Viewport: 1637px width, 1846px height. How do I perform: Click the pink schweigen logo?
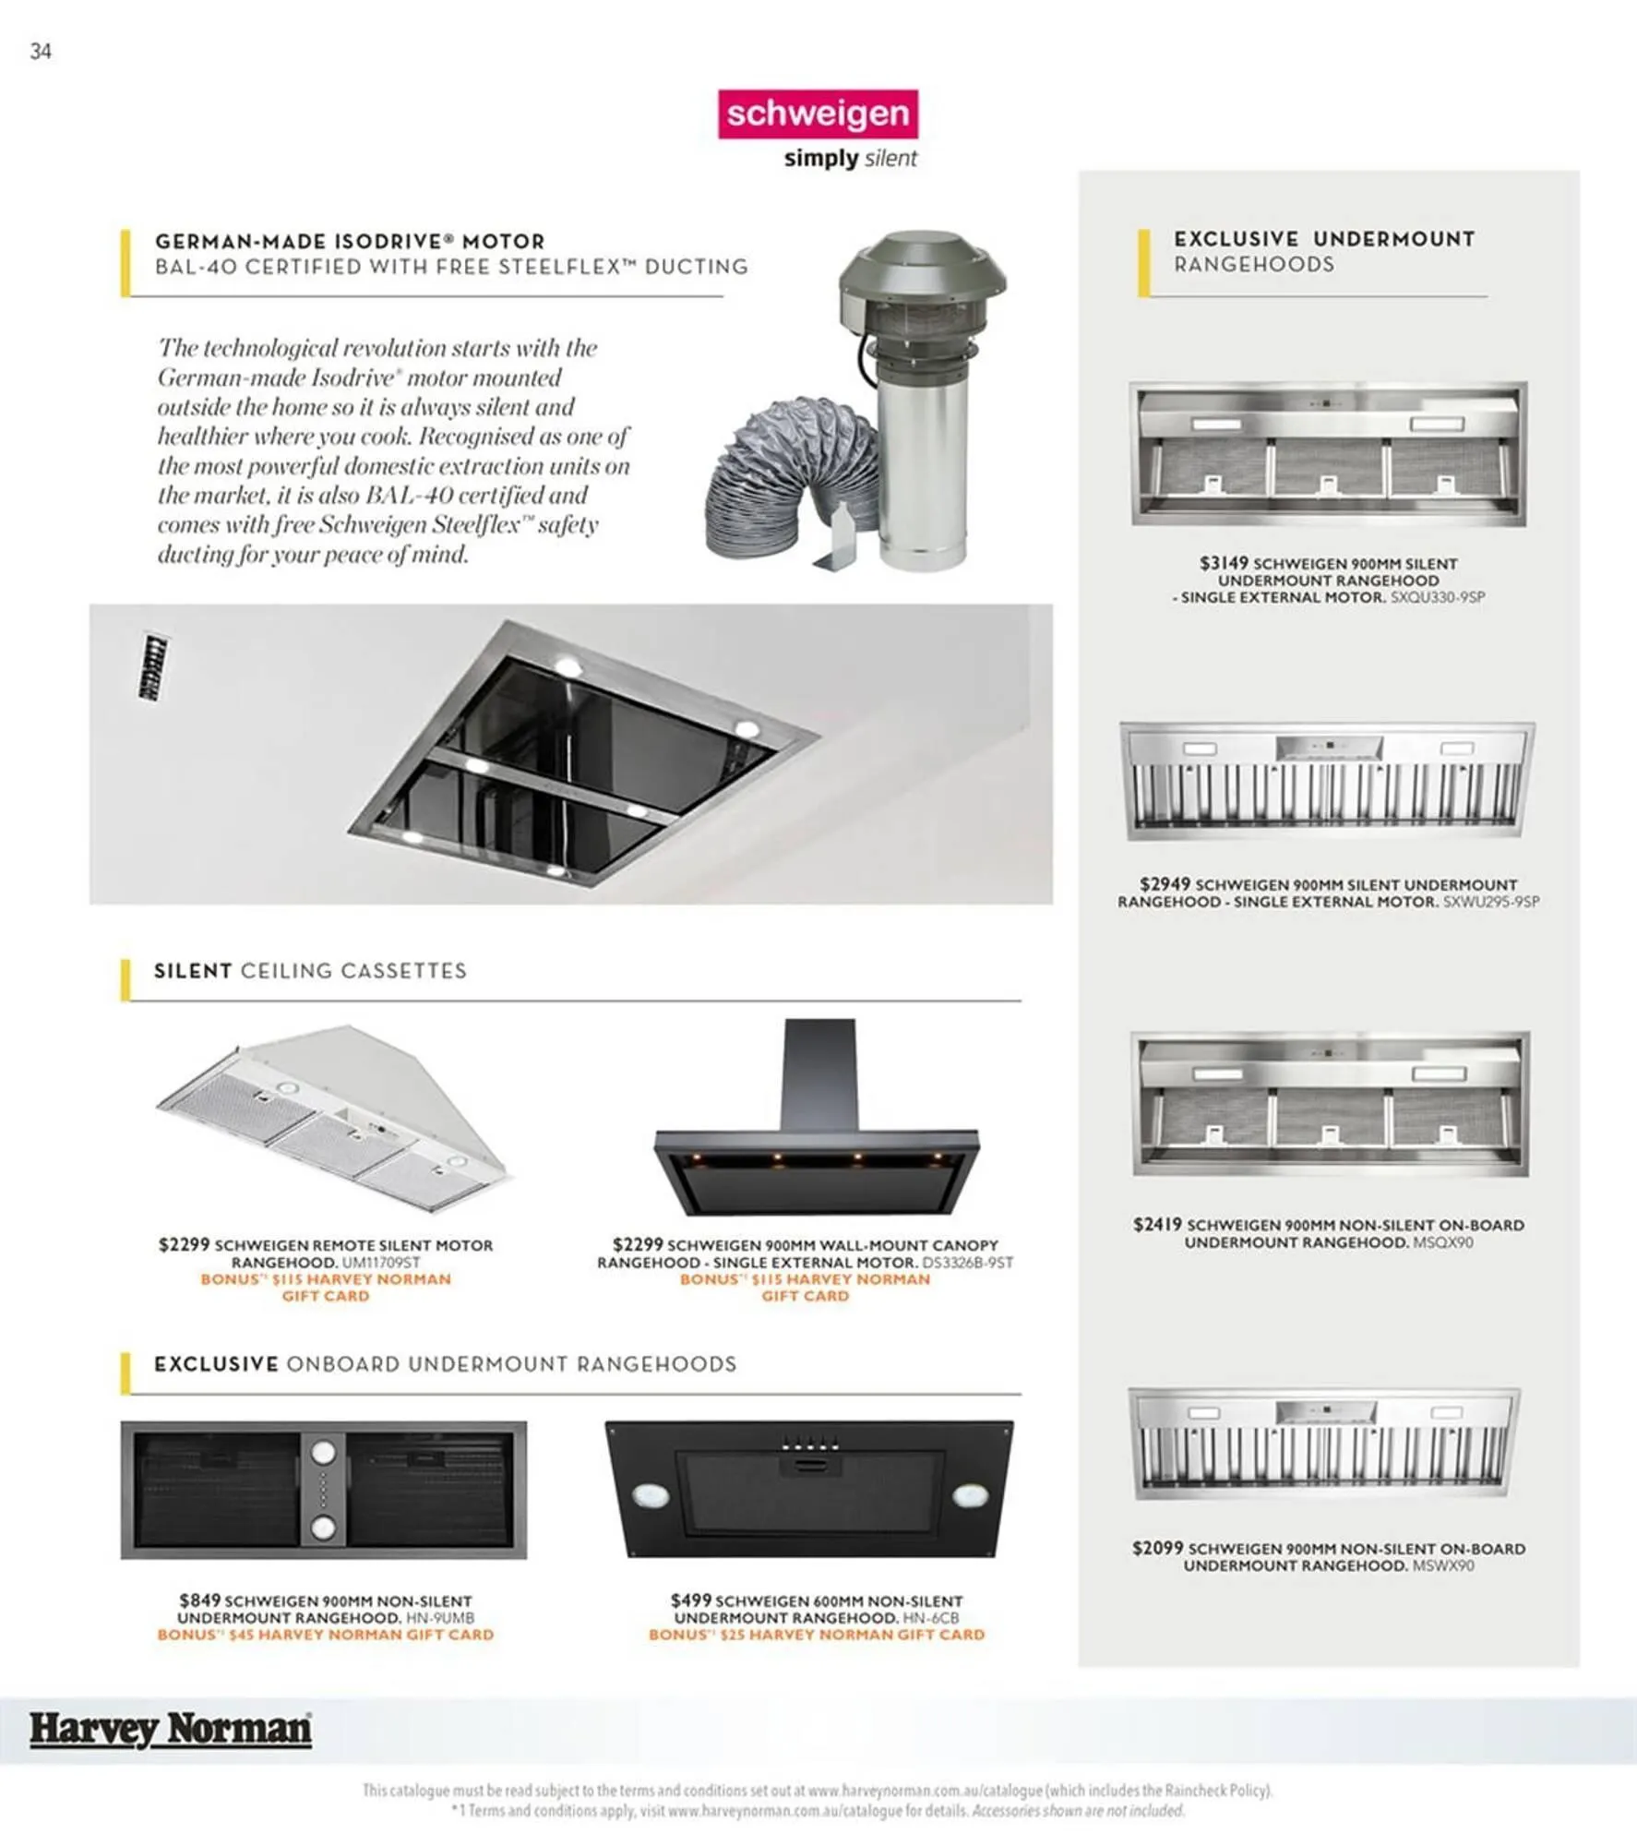coord(818,114)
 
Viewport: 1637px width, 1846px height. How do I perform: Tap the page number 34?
coord(41,52)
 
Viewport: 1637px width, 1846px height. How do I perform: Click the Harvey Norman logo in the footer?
coord(170,1728)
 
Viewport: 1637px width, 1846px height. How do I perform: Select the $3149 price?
coord(1224,562)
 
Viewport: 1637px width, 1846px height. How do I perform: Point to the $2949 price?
coord(1165,883)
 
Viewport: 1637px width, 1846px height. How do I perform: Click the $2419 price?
coord(1157,1224)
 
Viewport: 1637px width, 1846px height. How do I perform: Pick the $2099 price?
coord(1157,1548)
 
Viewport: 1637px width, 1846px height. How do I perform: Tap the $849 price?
coord(200,1600)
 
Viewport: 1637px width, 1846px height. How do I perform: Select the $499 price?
coord(691,1600)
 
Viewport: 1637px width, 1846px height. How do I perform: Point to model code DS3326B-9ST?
coord(967,1262)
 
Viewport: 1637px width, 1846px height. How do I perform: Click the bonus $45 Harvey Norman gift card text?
coord(326,1635)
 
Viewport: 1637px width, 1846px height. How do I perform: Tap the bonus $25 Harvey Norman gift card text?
coord(817,1635)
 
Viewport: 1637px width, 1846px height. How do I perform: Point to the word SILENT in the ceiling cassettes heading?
coord(193,971)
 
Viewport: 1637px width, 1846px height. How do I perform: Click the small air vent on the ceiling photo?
coord(154,666)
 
